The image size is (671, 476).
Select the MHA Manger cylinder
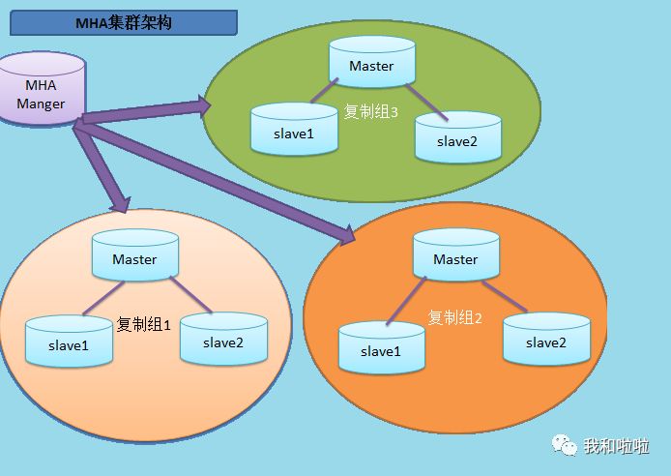[41, 91]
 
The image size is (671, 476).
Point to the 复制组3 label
[371, 111]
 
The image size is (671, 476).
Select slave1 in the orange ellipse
[381, 347]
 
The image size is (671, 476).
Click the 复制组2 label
[454, 317]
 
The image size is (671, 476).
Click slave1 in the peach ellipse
[69, 342]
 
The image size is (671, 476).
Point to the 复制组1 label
[143, 324]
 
